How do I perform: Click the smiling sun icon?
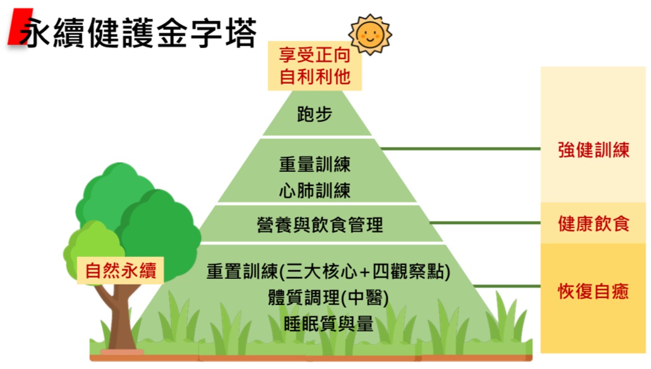point(370,34)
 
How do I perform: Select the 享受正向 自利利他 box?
point(314,66)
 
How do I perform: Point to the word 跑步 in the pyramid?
point(314,114)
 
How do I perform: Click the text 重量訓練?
point(314,164)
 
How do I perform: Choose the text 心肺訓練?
point(314,190)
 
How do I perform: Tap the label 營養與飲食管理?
point(320,225)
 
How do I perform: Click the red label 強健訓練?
point(594,150)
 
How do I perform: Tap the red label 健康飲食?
point(594,224)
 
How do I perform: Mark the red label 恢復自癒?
point(594,291)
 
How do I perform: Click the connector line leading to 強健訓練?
point(460,149)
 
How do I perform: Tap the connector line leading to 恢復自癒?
point(507,286)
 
